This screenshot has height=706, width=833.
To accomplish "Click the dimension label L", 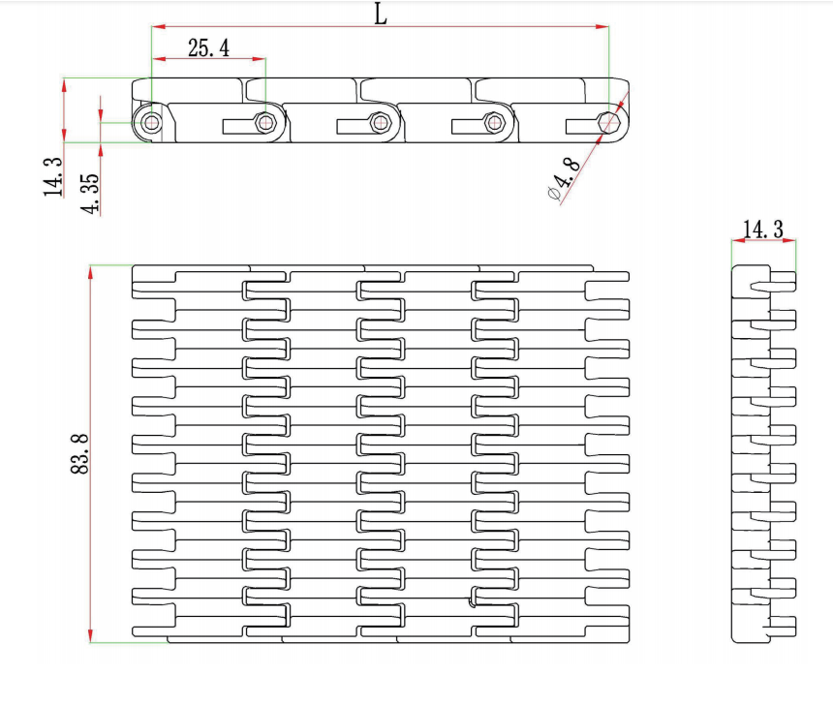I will pyautogui.click(x=380, y=14).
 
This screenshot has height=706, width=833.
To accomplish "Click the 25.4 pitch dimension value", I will pyautogui.click(x=208, y=47).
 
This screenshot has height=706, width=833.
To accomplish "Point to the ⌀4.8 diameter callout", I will pyautogui.click(x=564, y=176).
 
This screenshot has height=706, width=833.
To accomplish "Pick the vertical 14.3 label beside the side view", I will pyautogui.click(x=52, y=177).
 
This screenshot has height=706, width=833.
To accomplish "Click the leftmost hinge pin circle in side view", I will pyautogui.click(x=151, y=122).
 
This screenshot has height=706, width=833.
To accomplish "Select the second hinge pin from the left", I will pyautogui.click(x=265, y=122).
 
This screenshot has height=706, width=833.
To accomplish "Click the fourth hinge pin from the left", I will pyautogui.click(x=495, y=122).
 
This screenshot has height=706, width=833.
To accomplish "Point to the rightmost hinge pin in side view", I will pyautogui.click(x=609, y=121).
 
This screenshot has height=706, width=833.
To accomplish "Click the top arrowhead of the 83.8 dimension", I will pyautogui.click(x=90, y=271).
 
